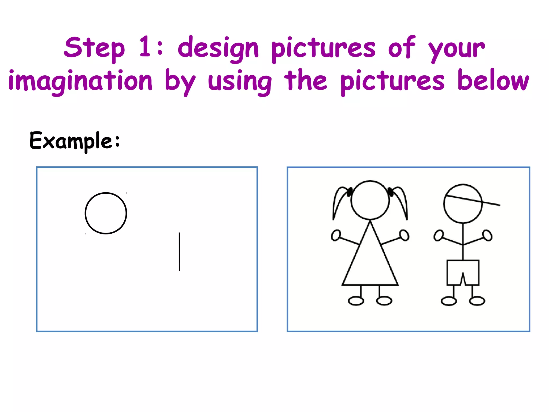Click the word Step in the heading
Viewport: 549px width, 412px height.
click(94, 48)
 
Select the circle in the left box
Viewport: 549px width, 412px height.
click(106, 213)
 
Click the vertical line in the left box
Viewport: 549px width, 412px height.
click(179, 252)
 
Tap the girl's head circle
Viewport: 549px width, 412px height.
click(370, 200)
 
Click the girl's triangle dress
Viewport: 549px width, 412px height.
click(370, 263)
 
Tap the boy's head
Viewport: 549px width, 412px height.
click(463, 204)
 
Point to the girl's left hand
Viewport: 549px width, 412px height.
click(336, 235)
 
